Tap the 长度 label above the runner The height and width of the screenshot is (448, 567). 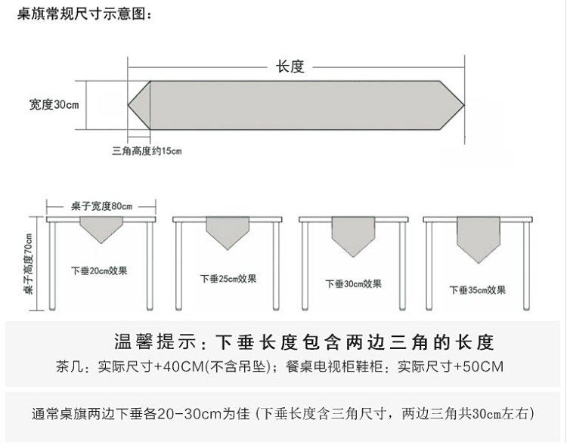[x=289, y=66]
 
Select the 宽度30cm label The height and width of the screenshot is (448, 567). [x=54, y=104]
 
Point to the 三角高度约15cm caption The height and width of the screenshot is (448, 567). [x=147, y=150]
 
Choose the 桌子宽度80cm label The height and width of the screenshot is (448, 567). [x=101, y=206]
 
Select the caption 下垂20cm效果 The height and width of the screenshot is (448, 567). [x=99, y=270]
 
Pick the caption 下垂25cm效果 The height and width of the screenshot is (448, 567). [x=228, y=278]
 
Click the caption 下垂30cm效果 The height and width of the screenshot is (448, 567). [x=353, y=284]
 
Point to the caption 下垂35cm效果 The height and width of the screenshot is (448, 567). [x=477, y=289]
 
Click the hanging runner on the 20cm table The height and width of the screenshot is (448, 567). [x=101, y=228]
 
